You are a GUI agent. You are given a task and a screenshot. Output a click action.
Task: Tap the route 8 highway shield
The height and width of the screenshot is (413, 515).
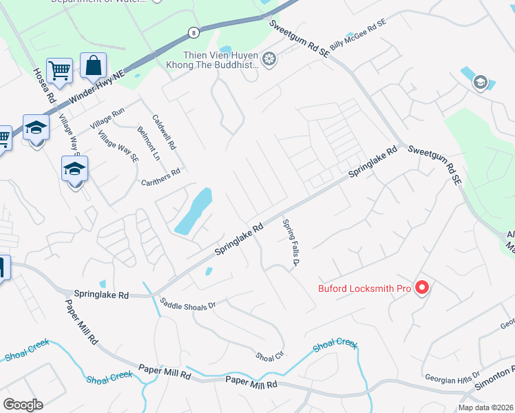pos(195,32)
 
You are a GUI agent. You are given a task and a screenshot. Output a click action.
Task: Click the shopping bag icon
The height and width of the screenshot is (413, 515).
pos(93,66)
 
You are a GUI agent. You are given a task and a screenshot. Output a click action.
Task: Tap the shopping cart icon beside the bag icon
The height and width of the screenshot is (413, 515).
pos(60,70)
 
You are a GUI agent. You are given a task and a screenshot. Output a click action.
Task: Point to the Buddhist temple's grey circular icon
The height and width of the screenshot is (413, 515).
pos(269,59)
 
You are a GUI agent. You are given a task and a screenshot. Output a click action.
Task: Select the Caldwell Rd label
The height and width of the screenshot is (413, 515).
pos(165,132)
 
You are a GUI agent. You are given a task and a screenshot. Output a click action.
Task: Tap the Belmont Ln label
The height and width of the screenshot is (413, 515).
pos(148,144)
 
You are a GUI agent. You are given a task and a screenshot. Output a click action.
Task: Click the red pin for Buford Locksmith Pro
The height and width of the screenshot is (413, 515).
pos(423,288)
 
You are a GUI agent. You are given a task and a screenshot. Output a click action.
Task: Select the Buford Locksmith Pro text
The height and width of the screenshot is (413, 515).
pos(364,288)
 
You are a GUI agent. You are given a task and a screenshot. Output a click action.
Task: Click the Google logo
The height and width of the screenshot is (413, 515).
pos(23,404)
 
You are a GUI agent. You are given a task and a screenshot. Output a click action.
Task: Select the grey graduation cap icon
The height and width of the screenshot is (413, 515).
pos(480,83)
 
